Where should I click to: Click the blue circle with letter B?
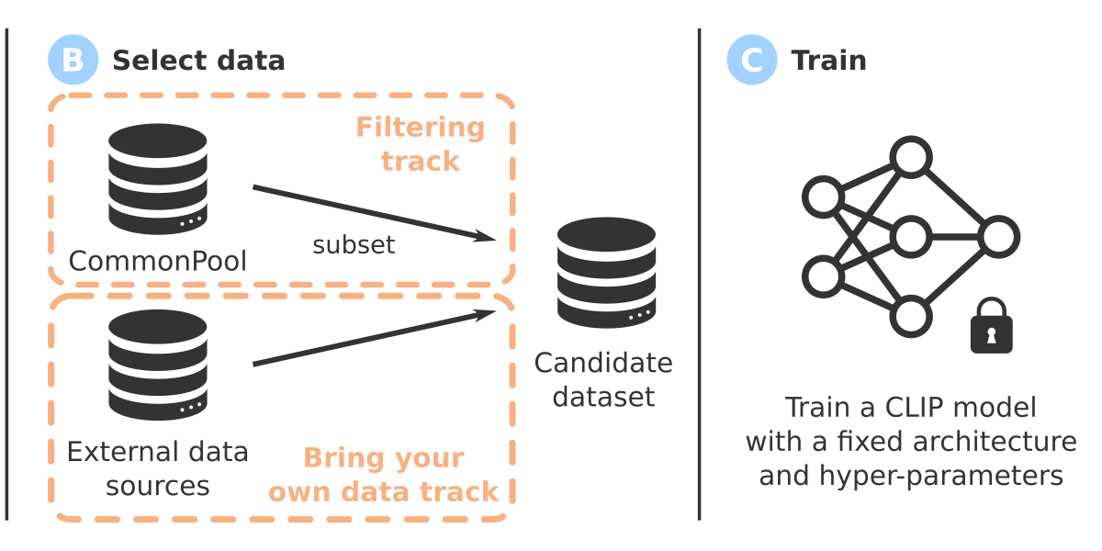pos(73,61)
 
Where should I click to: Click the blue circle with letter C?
pos(752,61)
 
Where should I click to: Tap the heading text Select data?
pos(198,61)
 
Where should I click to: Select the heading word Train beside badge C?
pos(828,61)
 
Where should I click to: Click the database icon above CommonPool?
pos(157,178)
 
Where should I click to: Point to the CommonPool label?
pos(158,262)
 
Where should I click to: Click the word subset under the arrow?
pos(354,245)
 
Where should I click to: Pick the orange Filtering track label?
pos(420,144)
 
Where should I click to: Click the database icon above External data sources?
pos(157,364)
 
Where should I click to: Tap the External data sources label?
pos(158,468)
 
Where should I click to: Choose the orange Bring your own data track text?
pos(383,475)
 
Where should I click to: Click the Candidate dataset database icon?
pos(606,273)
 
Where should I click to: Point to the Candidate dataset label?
pos(603,379)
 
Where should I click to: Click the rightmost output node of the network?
pos(999,236)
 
